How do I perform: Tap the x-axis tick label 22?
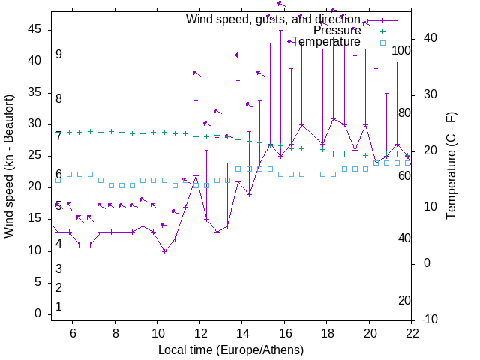pos(412,332)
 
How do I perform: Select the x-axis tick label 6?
pos(73,332)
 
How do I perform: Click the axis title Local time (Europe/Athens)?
pos(232,349)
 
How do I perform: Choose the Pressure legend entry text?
pos(337,31)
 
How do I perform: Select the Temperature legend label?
pos(326,42)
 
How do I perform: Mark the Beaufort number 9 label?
pos(58,55)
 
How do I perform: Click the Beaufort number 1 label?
pos(58,307)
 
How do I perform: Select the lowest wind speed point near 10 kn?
pos(164,250)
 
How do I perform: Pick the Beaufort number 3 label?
pos(58,269)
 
